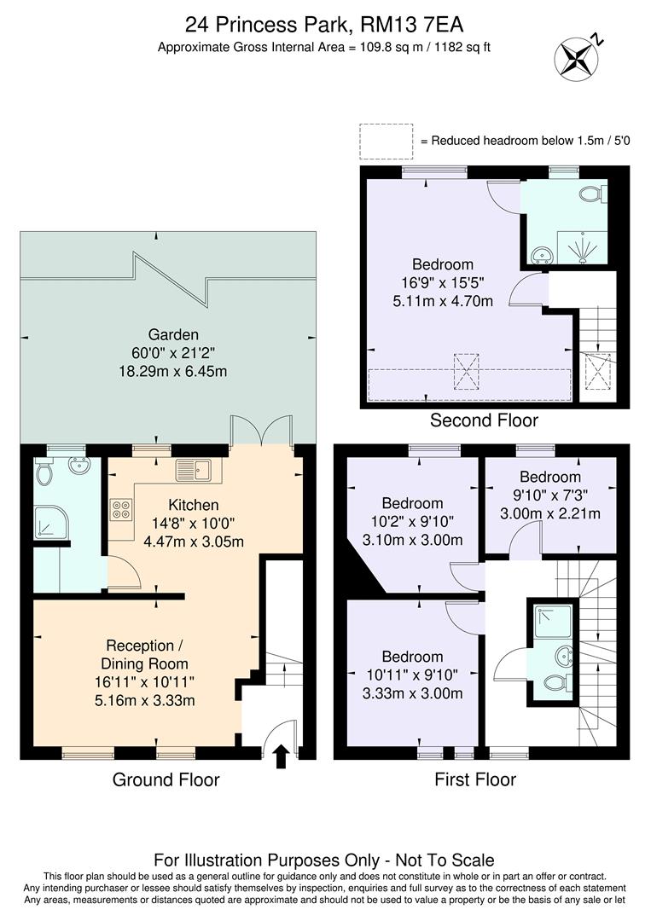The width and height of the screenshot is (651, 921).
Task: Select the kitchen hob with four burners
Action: [121, 509]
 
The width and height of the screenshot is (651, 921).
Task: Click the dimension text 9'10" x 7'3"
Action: [549, 495]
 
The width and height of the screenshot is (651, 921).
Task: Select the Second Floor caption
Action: [484, 420]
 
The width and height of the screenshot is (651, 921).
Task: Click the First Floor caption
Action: [475, 779]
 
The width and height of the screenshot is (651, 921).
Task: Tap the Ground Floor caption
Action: [166, 779]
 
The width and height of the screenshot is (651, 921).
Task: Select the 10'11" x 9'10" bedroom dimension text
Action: [412, 675]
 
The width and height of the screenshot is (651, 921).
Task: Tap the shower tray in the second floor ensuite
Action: [584, 247]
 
